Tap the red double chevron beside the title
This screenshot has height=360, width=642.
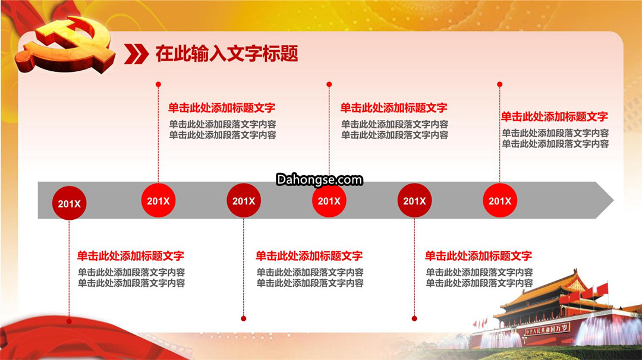[x=136, y=54]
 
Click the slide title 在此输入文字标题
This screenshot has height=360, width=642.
[x=226, y=54]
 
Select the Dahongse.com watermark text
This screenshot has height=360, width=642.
[x=319, y=179]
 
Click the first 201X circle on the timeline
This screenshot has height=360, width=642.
[x=69, y=203]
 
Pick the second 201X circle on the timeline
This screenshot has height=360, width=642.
[x=159, y=200]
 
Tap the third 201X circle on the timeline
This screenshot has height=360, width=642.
[x=244, y=200]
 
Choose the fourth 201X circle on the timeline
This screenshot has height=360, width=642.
[x=329, y=200]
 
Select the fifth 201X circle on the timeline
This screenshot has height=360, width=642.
[x=414, y=200]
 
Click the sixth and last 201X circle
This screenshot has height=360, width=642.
[x=500, y=200]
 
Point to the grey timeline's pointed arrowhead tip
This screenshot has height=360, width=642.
[x=613, y=200]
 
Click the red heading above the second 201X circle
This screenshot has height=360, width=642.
[x=222, y=108]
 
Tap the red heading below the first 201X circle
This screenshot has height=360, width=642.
[x=131, y=256]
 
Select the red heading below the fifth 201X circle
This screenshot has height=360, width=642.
[x=478, y=256]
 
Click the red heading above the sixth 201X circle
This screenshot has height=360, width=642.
[x=555, y=117]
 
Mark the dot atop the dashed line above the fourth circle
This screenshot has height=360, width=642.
[x=329, y=84]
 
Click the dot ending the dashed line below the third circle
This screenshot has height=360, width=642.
[x=244, y=318]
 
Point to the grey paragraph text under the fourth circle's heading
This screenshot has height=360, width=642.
[x=395, y=130]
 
